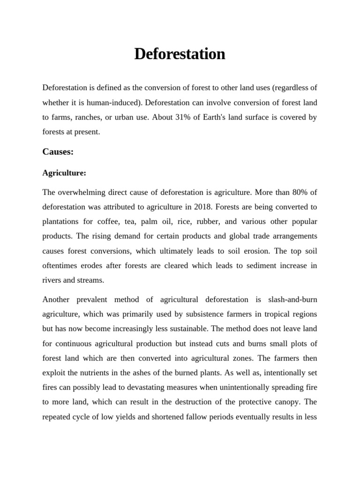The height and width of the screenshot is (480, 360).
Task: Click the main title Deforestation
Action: tap(180, 54)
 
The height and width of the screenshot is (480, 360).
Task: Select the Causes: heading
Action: tap(58, 151)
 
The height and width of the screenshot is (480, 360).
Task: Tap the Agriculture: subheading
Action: tap(64, 173)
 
